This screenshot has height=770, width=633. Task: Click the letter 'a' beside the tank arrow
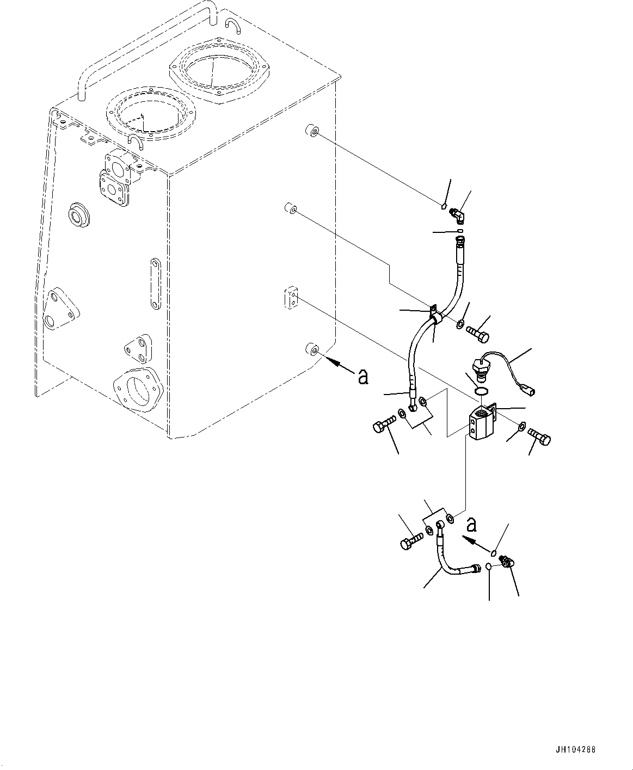tap(362, 376)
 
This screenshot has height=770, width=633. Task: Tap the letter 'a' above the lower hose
tap(471, 525)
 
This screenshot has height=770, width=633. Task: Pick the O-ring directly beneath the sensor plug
tap(480, 392)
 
